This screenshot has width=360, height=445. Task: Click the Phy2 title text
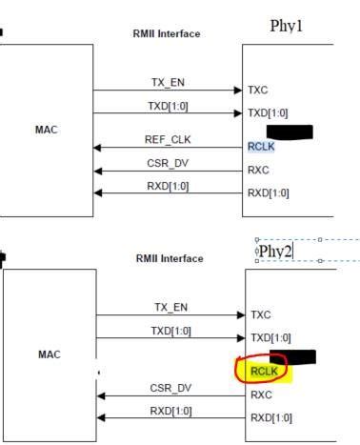[x=275, y=251]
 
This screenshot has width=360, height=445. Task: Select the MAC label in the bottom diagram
[x=50, y=354]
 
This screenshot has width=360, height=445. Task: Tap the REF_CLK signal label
[x=169, y=139]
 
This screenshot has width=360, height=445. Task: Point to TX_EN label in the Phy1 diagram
[x=169, y=82]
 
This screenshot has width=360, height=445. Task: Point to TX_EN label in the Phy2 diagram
[x=171, y=307]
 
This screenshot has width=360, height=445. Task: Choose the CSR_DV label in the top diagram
[x=169, y=162]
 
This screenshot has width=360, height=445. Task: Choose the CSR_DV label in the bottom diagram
[x=171, y=387]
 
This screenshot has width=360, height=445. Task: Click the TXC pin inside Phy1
[x=258, y=91]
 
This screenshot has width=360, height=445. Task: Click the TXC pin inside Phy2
[x=262, y=314]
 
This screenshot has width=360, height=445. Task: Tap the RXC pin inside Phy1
[x=259, y=170]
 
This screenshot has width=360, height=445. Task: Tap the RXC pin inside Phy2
[x=262, y=394]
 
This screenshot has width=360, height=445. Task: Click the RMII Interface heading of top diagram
[x=167, y=34]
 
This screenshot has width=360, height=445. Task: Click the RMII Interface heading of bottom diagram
[x=169, y=258]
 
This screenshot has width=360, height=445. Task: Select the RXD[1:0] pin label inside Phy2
[x=271, y=417]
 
